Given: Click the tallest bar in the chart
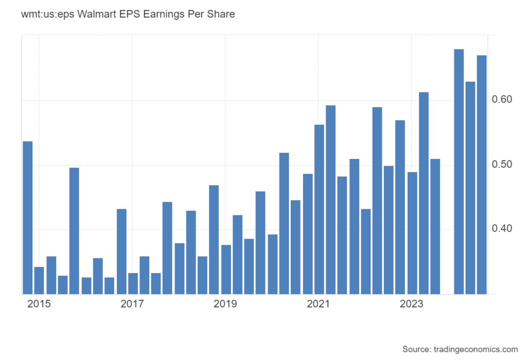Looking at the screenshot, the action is pos(459,172).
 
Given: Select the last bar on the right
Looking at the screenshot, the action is pos(482,175).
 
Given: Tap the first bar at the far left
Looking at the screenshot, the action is pos(28,218).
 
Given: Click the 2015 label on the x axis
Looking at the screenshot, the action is pos(39,304).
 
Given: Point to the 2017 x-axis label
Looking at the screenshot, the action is pos(132,304).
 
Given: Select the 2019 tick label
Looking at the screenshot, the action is pos(225,304).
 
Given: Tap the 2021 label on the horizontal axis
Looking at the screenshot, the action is pos(318,304).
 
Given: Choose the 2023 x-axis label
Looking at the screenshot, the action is pos(411,304).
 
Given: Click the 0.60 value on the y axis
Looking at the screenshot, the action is pos(502,99).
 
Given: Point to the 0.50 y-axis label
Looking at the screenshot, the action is pos(502,164).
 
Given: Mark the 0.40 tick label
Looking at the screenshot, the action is pos(502,228).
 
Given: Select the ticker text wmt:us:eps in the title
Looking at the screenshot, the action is pos(48,14).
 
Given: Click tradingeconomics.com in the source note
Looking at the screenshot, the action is pos(476,349).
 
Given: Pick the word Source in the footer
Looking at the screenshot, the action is pos(417,349).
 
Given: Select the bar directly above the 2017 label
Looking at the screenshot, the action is pos(133,284).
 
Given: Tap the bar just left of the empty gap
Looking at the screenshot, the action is pos(435,227).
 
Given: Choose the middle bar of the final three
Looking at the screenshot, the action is pos(470,188).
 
